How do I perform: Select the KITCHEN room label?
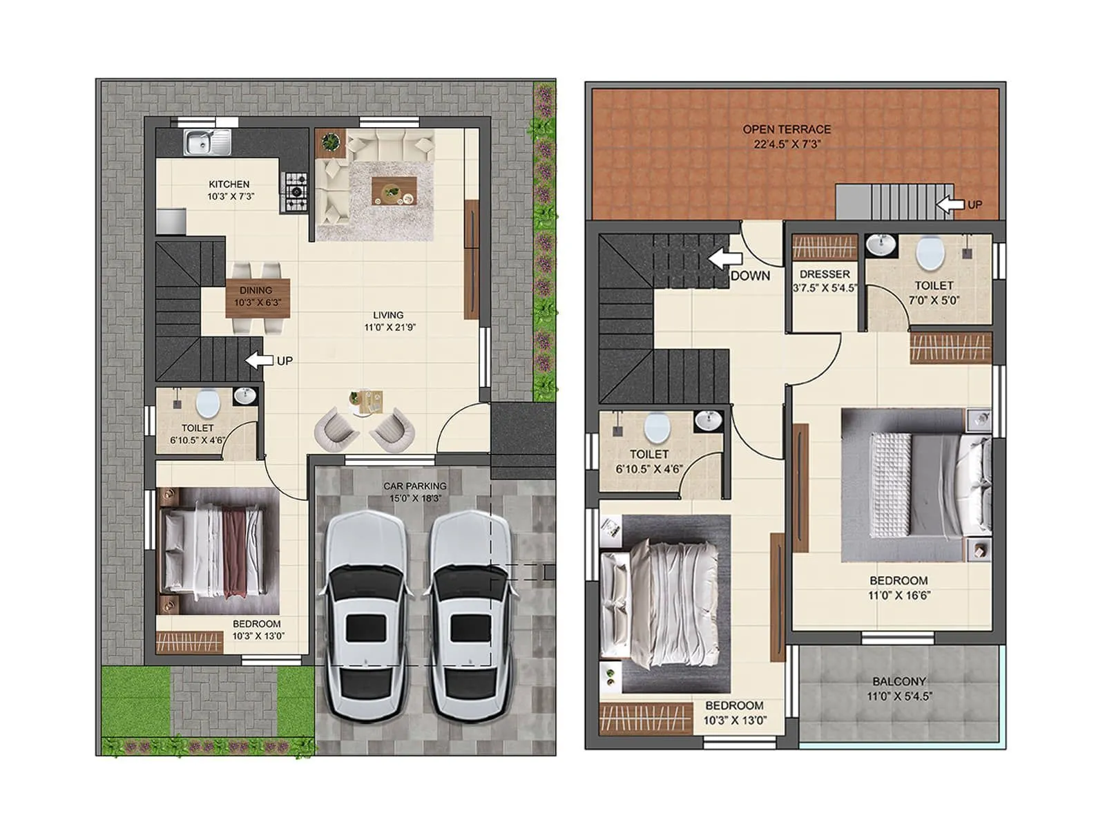tap(229, 184)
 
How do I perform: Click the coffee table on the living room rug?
tap(394, 191)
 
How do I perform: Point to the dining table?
tap(258, 298)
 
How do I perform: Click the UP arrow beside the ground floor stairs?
tap(259, 360)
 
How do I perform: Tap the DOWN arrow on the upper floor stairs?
tap(724, 259)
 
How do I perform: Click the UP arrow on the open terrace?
tap(950, 204)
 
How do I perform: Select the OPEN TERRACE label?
tap(787, 129)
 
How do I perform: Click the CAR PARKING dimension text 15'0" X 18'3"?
tap(415, 498)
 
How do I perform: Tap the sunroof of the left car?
tap(365, 627)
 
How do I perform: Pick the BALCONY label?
tap(899, 681)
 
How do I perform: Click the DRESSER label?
tap(825, 274)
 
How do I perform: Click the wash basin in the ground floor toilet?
tap(244, 397)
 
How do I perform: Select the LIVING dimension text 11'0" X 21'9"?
tap(390, 327)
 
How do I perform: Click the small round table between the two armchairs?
tap(366, 403)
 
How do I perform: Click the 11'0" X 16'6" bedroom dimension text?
tap(899, 595)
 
